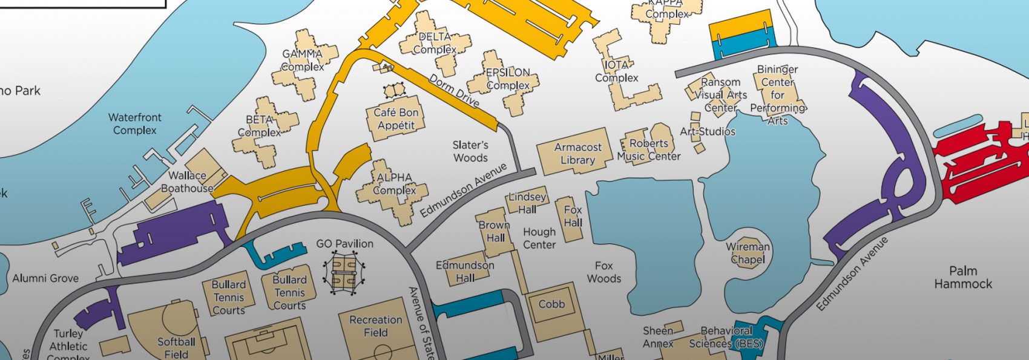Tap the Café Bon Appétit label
396,119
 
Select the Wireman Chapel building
748,253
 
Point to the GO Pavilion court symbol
344,273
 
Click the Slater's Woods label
470,151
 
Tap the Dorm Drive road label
454,90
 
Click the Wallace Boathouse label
187,182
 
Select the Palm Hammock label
962,277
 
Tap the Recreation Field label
375,327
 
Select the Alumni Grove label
45,278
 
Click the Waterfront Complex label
134,123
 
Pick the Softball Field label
176,347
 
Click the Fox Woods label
603,272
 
